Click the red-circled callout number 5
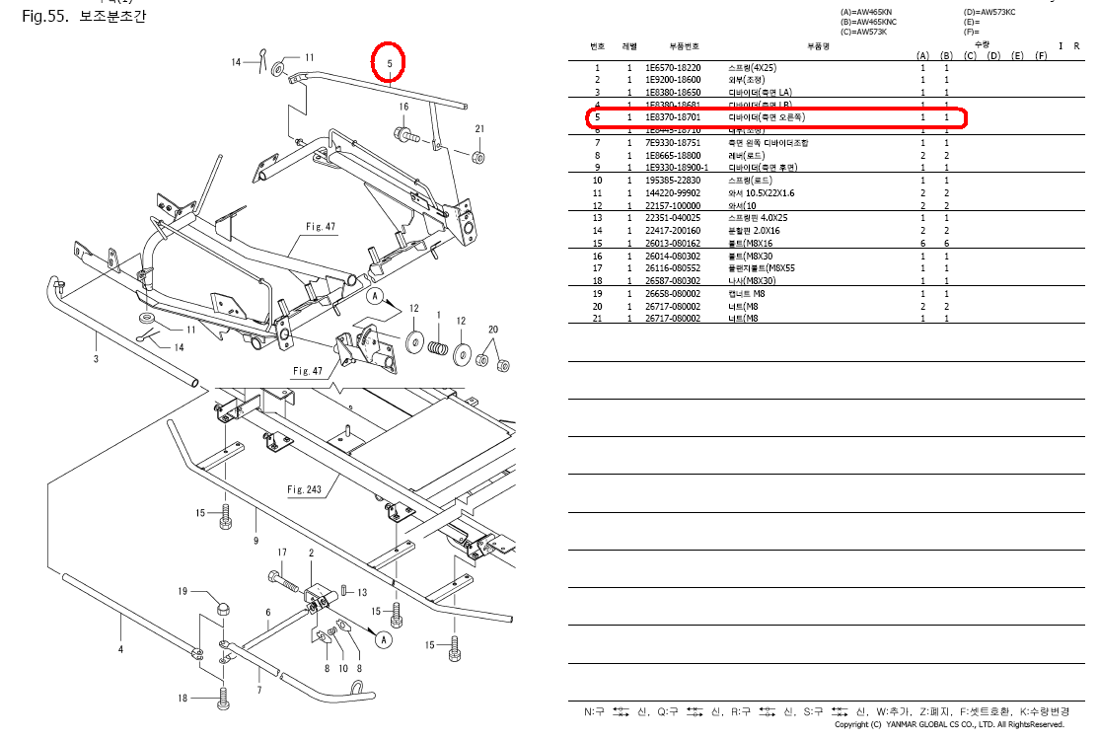[390, 63]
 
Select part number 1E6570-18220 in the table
[673, 67]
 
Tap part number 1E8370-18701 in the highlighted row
[673, 117]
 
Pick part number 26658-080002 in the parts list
[673, 294]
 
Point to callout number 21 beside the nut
[479, 129]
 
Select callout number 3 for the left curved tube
[96, 359]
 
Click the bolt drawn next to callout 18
[224, 700]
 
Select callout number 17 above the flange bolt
[281, 553]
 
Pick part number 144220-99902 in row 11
[675, 193]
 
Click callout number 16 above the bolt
[403, 107]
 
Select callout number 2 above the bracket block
[311, 554]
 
